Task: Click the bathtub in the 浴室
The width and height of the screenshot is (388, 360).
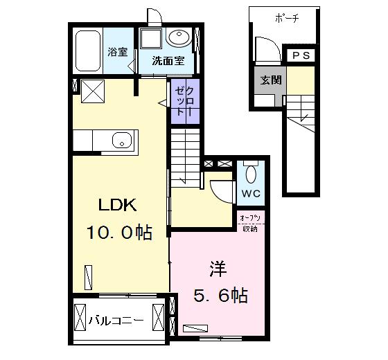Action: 88,51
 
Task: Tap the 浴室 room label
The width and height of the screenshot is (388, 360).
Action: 117,52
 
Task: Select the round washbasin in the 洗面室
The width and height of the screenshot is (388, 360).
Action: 179,37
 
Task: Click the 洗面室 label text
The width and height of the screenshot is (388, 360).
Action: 168,60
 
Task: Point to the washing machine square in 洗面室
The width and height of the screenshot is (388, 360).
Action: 151,38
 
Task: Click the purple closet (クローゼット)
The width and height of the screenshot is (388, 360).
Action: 186,101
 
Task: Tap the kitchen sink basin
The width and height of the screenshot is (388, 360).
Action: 122,140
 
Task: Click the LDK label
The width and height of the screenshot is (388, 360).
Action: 117,205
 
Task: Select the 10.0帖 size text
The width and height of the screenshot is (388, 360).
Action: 119,233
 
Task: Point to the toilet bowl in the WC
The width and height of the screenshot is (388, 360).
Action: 251,174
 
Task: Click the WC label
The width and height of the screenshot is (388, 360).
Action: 251,194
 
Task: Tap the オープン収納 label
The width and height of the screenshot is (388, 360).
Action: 250,224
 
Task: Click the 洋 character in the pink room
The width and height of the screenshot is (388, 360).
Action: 218,269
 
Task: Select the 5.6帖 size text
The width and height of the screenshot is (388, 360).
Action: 220,296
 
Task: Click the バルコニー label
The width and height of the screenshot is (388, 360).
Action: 116,321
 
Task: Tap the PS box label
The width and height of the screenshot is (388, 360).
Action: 301,55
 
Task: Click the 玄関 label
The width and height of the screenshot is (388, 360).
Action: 271,80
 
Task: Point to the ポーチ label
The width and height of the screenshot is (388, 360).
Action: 287,19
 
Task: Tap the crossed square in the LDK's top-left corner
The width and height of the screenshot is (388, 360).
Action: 93,91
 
